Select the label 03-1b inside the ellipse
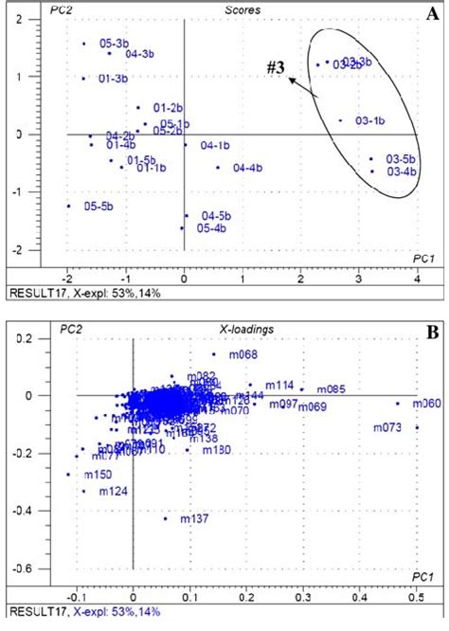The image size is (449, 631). click(x=369, y=120)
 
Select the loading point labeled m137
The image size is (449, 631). click(x=165, y=518)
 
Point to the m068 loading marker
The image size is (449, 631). click(x=213, y=354)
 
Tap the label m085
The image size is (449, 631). click(x=331, y=388)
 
